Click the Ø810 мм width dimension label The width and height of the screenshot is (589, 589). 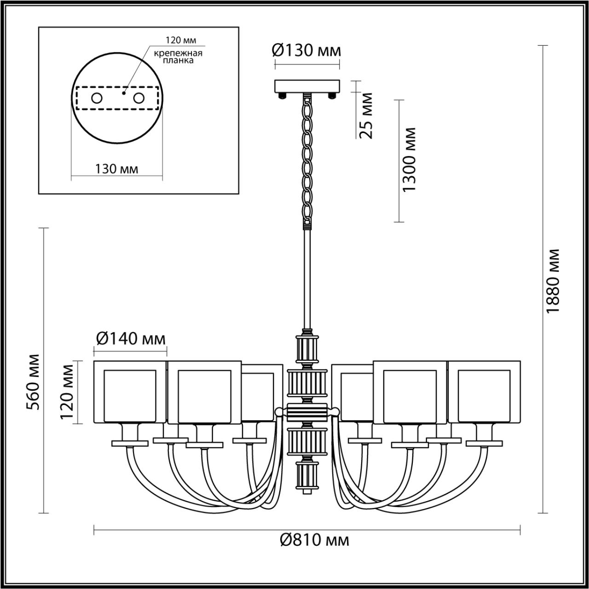[x=314, y=540]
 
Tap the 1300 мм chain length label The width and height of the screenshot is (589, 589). [x=409, y=160]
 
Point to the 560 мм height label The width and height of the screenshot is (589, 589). [x=33, y=381]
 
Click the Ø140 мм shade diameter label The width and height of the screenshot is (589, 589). [x=130, y=339]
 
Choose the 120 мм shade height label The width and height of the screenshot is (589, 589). [x=67, y=392]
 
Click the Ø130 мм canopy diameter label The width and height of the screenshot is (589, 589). [x=307, y=50]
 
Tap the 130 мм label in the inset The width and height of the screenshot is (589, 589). [x=116, y=169]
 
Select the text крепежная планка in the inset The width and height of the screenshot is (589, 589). [x=178, y=57]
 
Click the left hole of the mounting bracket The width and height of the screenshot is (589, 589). [x=97, y=98]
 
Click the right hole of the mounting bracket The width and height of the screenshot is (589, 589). [x=139, y=98]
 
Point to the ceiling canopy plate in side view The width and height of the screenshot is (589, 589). [x=307, y=86]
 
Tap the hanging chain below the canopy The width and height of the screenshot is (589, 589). [x=307, y=161]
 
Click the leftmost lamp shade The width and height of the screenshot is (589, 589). [x=129, y=392]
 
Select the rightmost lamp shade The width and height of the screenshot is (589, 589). [x=484, y=392]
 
